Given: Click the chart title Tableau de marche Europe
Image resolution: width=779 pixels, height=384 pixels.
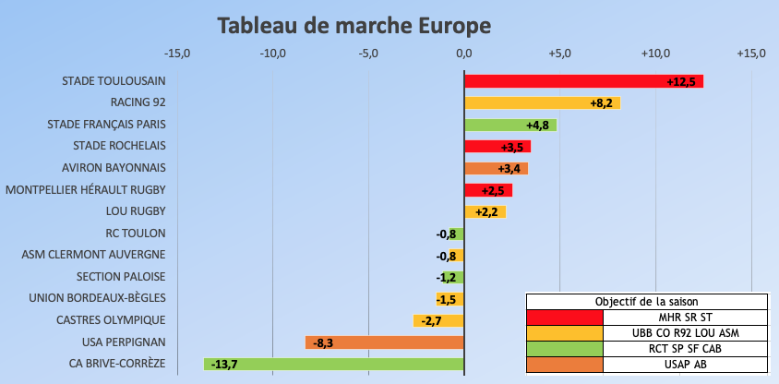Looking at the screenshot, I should click(354, 25).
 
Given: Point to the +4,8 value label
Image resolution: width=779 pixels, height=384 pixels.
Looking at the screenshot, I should click(538, 125).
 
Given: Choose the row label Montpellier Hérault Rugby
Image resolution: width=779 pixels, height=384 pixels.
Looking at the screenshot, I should click(85, 190).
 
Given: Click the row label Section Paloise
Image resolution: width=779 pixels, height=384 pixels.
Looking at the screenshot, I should click(121, 276).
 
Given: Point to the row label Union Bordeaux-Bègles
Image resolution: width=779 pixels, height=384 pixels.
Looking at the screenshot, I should click(97, 298).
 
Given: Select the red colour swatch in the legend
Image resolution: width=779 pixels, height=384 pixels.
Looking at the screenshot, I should click(564, 318).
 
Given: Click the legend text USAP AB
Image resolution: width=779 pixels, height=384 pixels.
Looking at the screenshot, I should click(684, 364).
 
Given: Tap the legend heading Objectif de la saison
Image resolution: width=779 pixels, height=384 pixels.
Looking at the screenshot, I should click(646, 302).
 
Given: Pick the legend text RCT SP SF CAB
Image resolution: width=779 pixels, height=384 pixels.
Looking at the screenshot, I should click(684, 348).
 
